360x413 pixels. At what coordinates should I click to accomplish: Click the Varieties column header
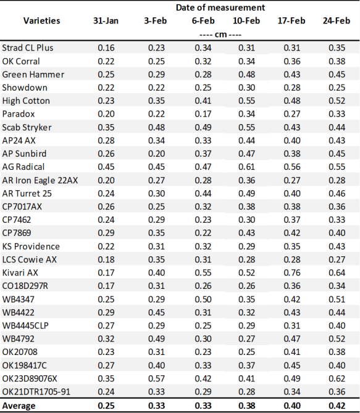click(x=41, y=20)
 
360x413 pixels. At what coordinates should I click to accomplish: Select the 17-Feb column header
click(x=291, y=20)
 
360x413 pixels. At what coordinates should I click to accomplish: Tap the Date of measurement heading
click(x=220, y=7)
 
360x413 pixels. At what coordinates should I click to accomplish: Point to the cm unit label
click(x=220, y=35)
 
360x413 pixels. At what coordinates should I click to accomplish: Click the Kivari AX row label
click(x=20, y=273)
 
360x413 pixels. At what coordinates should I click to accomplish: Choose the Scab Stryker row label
click(x=27, y=127)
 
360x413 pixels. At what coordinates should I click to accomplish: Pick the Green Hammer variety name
click(x=33, y=75)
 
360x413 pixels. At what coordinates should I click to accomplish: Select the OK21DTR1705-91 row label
click(x=36, y=391)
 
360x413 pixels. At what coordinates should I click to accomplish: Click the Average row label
click(x=19, y=406)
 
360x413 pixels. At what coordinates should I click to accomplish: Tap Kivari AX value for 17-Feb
click(x=292, y=273)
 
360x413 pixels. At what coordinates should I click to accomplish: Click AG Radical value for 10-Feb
click(x=246, y=167)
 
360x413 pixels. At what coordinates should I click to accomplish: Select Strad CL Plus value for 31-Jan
click(x=106, y=48)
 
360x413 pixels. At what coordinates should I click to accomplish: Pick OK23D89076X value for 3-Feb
click(x=157, y=378)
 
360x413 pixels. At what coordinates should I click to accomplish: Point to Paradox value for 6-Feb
click(x=203, y=114)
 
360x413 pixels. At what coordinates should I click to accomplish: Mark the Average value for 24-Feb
click(x=337, y=406)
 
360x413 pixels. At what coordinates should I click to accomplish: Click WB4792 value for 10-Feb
click(x=246, y=339)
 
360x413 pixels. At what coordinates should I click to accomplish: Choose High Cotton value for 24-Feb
click(x=337, y=101)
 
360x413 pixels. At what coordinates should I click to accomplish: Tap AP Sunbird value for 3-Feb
click(x=157, y=154)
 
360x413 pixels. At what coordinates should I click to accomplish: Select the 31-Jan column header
click(x=106, y=20)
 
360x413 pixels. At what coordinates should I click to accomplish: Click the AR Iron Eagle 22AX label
click(x=40, y=180)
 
